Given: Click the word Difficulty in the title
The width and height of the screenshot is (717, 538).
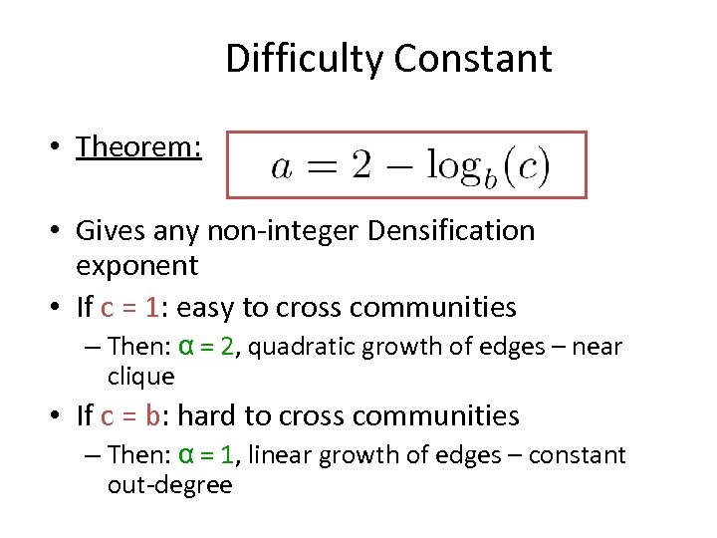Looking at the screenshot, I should [x=306, y=59].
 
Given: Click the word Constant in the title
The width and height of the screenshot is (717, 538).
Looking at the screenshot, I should [x=473, y=59].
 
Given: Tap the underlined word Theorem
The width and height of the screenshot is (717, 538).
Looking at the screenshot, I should [x=139, y=147].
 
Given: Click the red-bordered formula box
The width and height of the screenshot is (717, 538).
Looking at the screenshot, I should [x=406, y=164].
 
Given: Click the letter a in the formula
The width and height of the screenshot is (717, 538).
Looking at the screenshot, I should [x=281, y=167].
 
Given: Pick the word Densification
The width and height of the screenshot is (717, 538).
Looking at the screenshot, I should [x=451, y=231].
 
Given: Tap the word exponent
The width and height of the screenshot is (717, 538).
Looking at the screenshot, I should [x=137, y=266].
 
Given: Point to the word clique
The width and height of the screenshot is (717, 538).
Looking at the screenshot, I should [x=140, y=377].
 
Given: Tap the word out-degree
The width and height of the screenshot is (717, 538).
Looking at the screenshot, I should [x=169, y=485].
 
